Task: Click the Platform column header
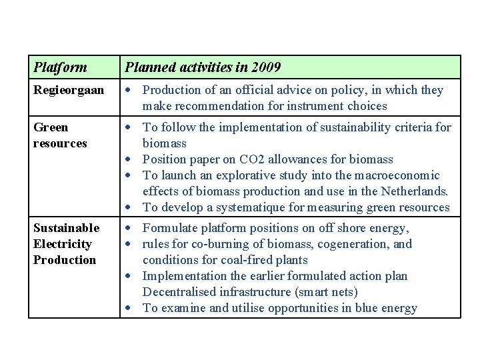point(60,67)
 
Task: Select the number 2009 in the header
point(267,67)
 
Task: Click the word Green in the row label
point(51,127)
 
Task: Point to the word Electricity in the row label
point(62,244)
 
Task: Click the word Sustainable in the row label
point(66,228)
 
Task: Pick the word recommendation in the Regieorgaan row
point(217,106)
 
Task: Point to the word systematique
point(251,207)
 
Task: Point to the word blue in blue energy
point(367,308)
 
